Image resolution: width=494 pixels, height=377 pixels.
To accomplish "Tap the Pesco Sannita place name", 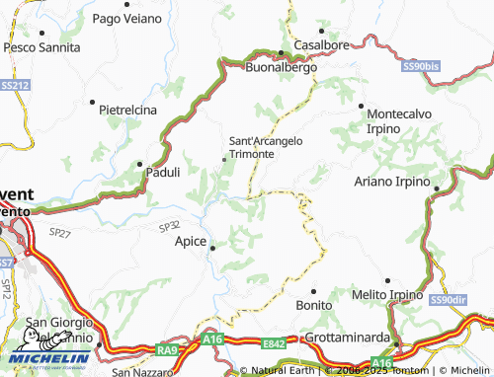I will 41,46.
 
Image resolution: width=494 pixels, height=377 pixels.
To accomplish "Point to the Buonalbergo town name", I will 280,68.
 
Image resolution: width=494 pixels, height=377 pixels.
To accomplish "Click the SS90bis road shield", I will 422,67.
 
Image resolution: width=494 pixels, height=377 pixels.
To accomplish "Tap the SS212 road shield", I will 14,86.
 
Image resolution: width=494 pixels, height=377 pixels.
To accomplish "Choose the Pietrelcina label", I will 128,111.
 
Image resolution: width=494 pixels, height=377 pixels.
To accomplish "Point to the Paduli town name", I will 162,172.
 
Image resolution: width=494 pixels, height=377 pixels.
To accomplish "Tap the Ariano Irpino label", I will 392,182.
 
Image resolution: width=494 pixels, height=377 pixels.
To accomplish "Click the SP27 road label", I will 60,233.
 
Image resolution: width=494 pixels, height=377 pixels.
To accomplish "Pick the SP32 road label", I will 170,227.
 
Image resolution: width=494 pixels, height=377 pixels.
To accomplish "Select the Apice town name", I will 190,241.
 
